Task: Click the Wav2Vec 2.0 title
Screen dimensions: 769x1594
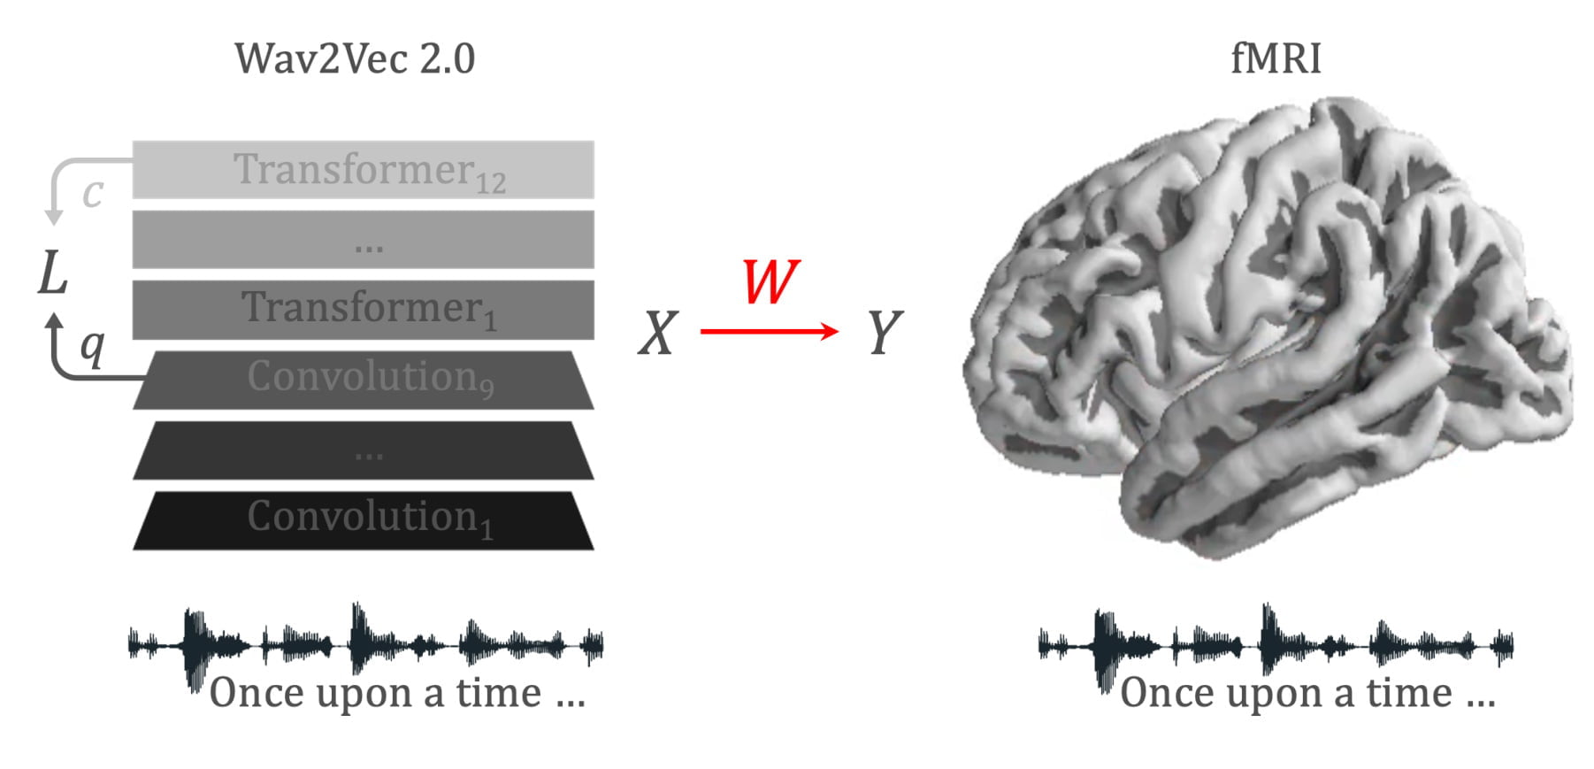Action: click(x=355, y=59)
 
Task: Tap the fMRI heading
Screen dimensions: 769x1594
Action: click(x=1276, y=59)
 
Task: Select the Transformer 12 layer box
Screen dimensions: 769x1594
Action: click(x=363, y=170)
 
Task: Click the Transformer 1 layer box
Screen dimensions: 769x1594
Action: click(x=363, y=310)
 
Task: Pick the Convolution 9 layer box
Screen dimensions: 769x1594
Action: click(x=363, y=380)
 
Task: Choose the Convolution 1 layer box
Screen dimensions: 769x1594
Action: click(x=363, y=520)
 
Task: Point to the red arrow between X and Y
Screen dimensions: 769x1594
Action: click(x=769, y=332)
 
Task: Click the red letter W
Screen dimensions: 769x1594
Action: click(x=770, y=282)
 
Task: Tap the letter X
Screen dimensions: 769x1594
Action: click(x=658, y=335)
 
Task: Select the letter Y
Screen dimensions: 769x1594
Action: click(x=884, y=334)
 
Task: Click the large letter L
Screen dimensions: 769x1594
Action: click(x=53, y=273)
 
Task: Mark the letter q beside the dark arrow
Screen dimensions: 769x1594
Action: click(x=92, y=347)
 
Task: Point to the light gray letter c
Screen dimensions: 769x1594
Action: click(x=93, y=194)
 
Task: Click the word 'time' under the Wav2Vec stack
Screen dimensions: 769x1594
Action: click(x=498, y=693)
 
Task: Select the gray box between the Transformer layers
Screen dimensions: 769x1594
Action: click(x=363, y=240)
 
